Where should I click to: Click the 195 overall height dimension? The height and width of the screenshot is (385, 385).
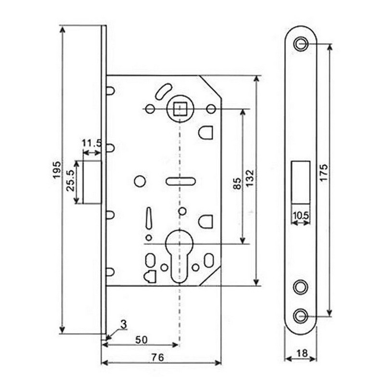point(57,170)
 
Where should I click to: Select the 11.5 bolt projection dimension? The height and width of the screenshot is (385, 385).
point(91,143)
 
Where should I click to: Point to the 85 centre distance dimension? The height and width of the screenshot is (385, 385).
point(237,183)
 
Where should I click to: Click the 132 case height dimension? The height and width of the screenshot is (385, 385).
point(249,178)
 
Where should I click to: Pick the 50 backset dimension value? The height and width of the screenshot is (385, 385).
point(141,340)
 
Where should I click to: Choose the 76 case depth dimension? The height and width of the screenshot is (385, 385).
point(158,358)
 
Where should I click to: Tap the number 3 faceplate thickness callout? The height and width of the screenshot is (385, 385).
point(124,324)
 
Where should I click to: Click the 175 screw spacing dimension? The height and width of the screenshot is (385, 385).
point(323,173)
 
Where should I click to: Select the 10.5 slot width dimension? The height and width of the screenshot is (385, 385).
point(301,216)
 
